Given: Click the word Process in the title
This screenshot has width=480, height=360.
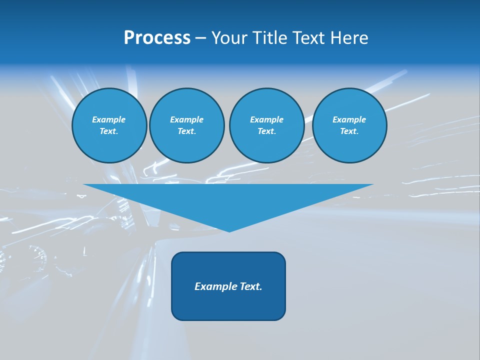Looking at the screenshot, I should (157, 38).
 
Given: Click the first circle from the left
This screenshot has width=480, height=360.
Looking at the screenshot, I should (109, 125).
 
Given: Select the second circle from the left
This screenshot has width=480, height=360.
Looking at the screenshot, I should (187, 125).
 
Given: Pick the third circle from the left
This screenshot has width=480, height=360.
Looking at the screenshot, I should (266, 125).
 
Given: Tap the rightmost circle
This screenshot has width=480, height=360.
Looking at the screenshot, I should (349, 125).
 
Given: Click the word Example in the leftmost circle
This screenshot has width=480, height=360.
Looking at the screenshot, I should (109, 119).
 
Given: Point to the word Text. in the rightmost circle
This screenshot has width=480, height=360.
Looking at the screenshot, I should (349, 131).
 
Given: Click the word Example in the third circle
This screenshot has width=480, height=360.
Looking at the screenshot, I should (266, 119).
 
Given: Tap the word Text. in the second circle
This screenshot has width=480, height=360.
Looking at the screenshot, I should (187, 131).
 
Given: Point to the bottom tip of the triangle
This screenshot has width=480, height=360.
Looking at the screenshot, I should (229, 230).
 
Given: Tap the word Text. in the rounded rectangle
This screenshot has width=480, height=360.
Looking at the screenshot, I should (250, 286).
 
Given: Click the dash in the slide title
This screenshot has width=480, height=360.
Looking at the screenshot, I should (200, 38).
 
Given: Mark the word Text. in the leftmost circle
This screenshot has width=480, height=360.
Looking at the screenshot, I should (109, 131).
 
